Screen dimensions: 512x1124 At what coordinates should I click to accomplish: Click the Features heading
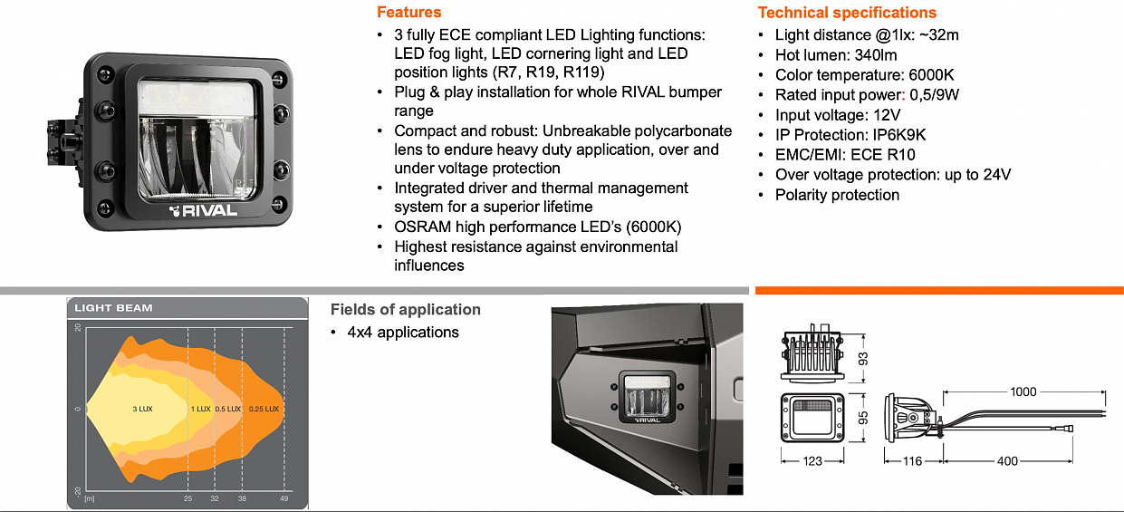(x=408, y=13)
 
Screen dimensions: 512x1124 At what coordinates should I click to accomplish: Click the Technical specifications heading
(x=847, y=13)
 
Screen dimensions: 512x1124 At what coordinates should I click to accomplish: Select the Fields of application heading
(x=405, y=310)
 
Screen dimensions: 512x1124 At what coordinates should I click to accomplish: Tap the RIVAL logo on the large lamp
(x=203, y=211)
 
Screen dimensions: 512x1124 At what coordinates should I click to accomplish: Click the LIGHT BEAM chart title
(x=113, y=308)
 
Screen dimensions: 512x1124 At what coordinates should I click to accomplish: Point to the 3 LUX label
(x=142, y=410)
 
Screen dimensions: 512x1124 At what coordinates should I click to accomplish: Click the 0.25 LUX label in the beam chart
(x=264, y=410)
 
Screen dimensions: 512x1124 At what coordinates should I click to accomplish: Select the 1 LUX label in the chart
(x=200, y=410)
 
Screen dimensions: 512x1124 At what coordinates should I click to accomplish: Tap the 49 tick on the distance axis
(x=284, y=499)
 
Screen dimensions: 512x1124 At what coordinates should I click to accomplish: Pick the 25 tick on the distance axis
(x=188, y=499)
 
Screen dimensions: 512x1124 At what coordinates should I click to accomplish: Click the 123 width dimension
(x=812, y=461)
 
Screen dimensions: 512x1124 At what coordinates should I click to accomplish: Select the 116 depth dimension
(x=911, y=461)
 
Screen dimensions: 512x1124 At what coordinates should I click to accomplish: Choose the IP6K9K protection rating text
(x=893, y=135)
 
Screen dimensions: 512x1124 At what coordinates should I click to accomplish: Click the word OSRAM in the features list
(x=423, y=226)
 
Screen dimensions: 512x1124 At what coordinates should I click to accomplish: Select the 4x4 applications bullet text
(x=402, y=333)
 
